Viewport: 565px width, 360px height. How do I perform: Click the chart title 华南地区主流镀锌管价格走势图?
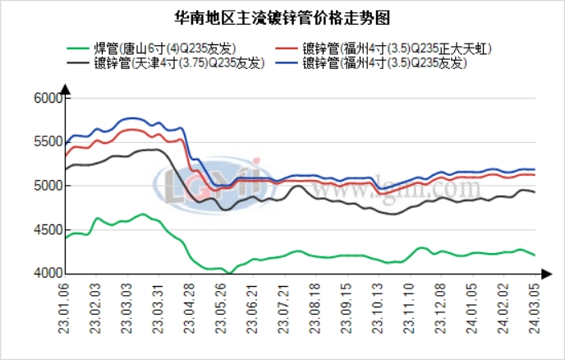[x=282, y=17]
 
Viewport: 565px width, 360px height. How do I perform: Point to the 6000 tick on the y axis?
[x=49, y=98]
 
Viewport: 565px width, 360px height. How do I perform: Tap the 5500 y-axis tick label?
[x=49, y=141]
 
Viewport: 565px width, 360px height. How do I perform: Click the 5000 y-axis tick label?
[x=49, y=186]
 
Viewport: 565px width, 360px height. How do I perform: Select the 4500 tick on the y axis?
[x=49, y=229]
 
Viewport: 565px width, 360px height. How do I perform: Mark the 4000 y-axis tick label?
[x=49, y=273]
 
